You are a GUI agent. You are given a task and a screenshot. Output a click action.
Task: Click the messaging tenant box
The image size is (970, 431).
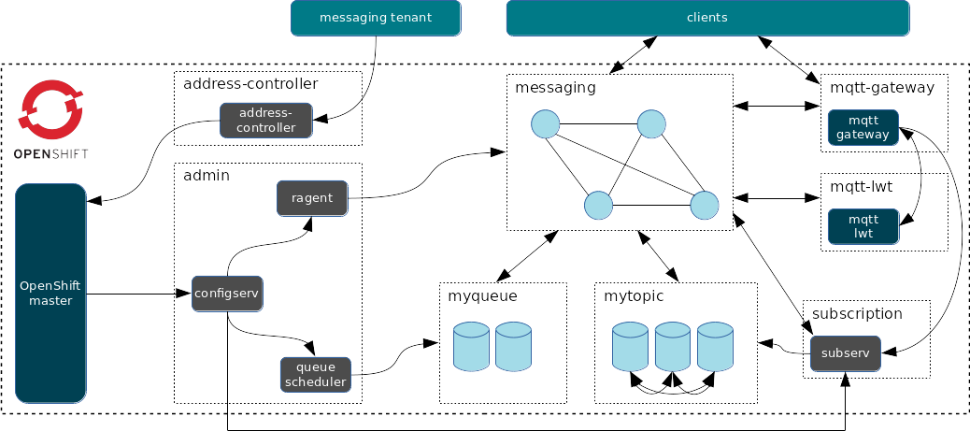(376, 18)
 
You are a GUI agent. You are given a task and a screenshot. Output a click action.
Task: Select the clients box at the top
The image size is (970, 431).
(707, 18)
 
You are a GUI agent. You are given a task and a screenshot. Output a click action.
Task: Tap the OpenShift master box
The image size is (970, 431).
(51, 293)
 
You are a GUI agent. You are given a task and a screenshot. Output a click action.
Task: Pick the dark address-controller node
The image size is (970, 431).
(266, 120)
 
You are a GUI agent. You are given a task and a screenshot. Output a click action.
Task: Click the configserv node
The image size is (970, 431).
(227, 293)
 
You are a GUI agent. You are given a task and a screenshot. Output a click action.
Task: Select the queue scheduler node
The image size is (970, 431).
(315, 374)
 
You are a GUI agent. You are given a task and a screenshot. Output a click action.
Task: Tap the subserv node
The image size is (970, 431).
(845, 353)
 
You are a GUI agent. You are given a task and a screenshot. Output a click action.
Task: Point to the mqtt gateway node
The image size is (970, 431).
(863, 128)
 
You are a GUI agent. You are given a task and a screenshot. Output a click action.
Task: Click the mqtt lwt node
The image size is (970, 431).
(863, 226)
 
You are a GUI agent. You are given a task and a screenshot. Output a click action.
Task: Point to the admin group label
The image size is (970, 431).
(207, 176)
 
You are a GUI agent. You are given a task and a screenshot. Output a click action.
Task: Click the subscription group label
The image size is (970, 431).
(857, 313)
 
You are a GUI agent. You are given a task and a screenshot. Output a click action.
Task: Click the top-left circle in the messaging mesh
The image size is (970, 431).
(545, 124)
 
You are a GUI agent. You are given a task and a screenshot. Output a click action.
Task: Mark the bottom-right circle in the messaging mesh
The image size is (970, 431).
(704, 206)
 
